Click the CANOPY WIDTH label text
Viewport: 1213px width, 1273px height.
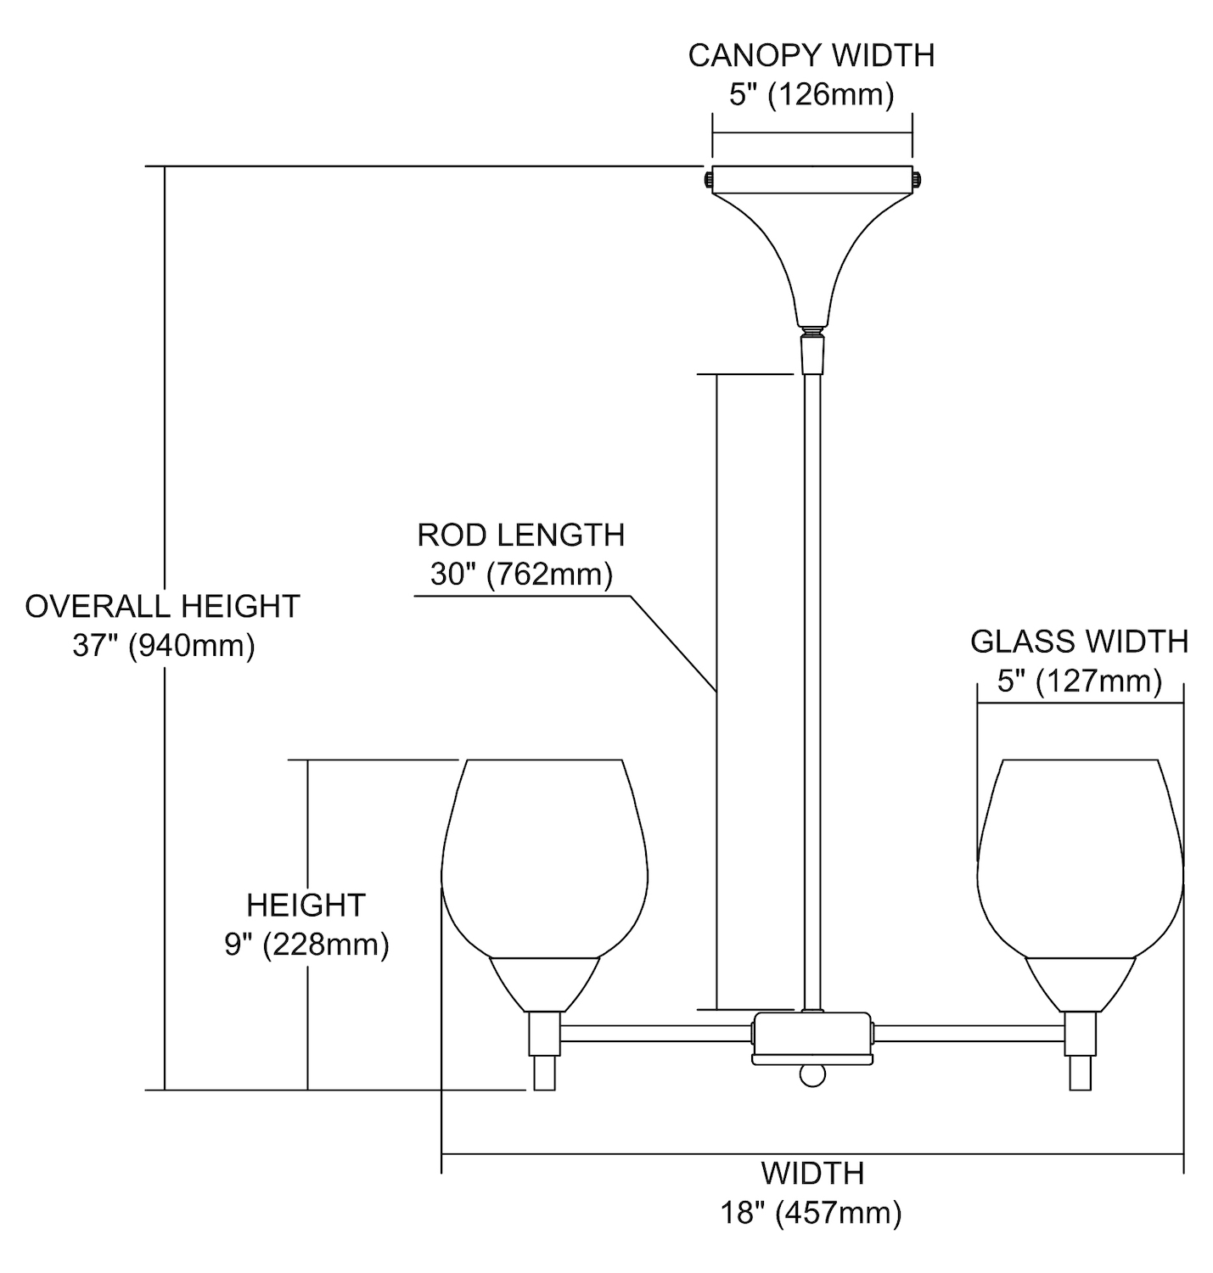(x=811, y=55)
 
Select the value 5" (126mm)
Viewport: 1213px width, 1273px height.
(x=811, y=94)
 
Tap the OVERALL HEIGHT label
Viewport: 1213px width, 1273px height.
(x=162, y=606)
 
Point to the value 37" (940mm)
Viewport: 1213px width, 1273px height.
(x=163, y=646)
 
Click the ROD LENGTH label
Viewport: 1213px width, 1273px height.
(x=520, y=535)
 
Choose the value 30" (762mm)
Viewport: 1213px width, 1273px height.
(x=520, y=575)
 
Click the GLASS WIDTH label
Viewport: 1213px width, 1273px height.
(x=1079, y=642)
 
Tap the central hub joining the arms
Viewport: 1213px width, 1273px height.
(x=811, y=1036)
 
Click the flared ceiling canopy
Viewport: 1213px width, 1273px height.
(x=811, y=246)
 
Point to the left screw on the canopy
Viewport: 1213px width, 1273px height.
(x=707, y=180)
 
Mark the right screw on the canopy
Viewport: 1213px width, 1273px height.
(x=917, y=180)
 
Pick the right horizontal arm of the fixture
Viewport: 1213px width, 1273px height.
(x=968, y=1033)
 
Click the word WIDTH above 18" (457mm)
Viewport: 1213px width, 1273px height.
(x=812, y=1174)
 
